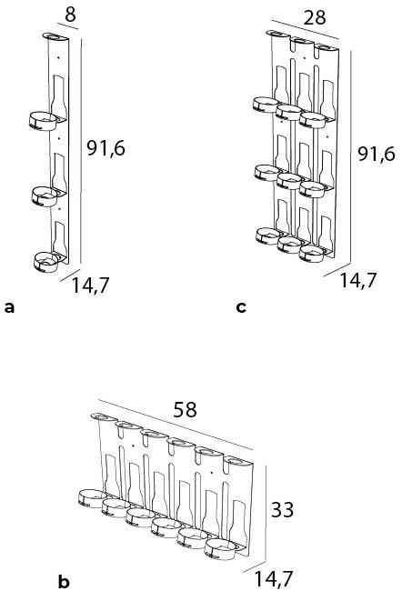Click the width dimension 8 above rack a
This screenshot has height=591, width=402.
(70, 15)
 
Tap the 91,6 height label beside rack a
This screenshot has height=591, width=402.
(106, 148)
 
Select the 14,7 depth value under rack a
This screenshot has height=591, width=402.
(90, 285)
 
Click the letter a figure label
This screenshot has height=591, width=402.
(9, 307)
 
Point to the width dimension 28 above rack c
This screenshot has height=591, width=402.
(315, 17)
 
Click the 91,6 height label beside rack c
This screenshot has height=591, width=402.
(377, 154)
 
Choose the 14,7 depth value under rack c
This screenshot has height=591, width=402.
(358, 280)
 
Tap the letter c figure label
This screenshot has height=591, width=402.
(241, 307)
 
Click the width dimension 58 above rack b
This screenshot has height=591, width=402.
(185, 409)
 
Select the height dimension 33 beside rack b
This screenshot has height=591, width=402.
(283, 510)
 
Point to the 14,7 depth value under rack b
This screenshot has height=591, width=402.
(274, 578)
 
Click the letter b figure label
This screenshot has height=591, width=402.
(64, 581)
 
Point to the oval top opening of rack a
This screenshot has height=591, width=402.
(55, 36)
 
